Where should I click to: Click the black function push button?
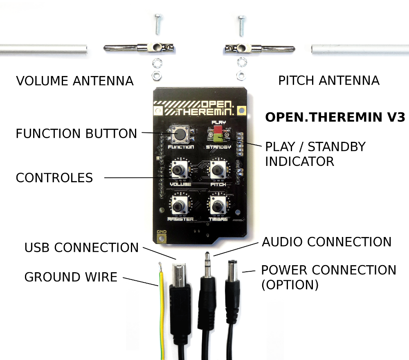[x=180, y=134]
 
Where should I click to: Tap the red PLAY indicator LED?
[x=218, y=129]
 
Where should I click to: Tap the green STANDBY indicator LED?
[x=218, y=138]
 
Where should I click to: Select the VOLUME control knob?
[x=179, y=170]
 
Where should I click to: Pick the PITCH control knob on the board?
[x=217, y=170]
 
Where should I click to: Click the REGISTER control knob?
[x=178, y=206]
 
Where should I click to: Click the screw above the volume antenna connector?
[x=158, y=24]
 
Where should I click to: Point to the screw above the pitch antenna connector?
[x=241, y=26]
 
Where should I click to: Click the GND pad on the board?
[x=162, y=238]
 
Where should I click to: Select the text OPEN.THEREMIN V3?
[x=335, y=117]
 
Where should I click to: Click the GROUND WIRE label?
[x=71, y=277]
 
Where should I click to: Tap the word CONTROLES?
[x=54, y=178]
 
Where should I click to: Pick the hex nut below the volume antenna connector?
[x=157, y=75]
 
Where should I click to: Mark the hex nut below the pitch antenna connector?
[x=241, y=75]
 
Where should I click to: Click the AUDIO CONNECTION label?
[x=327, y=242]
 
